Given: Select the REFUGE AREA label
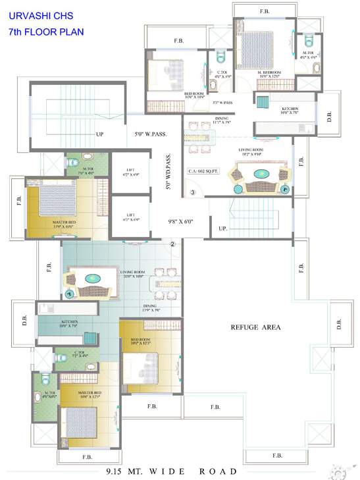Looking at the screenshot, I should [255, 327].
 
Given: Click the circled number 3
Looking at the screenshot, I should [193, 193].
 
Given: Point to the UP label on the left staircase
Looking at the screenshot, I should [100, 135].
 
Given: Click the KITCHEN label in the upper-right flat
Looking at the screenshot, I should [290, 109].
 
